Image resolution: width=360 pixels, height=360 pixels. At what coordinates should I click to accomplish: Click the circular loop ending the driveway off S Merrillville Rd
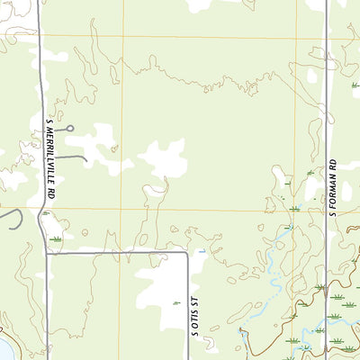[x=69, y=128]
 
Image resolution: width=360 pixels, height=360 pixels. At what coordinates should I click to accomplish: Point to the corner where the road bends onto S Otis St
[x=186, y=253]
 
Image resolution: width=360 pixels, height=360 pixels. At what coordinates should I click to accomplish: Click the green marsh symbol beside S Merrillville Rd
[x=57, y=239]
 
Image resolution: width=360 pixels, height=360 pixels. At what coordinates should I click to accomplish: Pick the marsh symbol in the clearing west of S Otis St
[x=175, y=303]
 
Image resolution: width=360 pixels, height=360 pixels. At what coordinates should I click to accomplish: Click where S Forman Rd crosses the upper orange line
[x=326, y=37]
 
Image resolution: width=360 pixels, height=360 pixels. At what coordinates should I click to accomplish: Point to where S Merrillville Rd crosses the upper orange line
[x=40, y=37]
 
